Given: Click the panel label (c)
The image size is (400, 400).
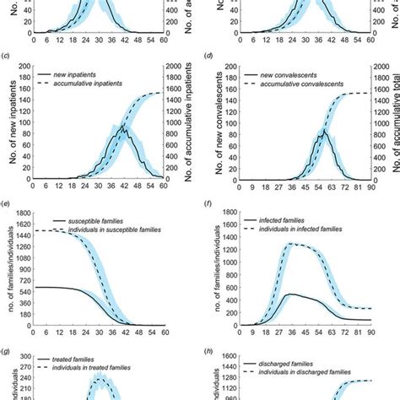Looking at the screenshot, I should (x=7, y=57).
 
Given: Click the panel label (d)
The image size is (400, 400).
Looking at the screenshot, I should (x=208, y=57).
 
